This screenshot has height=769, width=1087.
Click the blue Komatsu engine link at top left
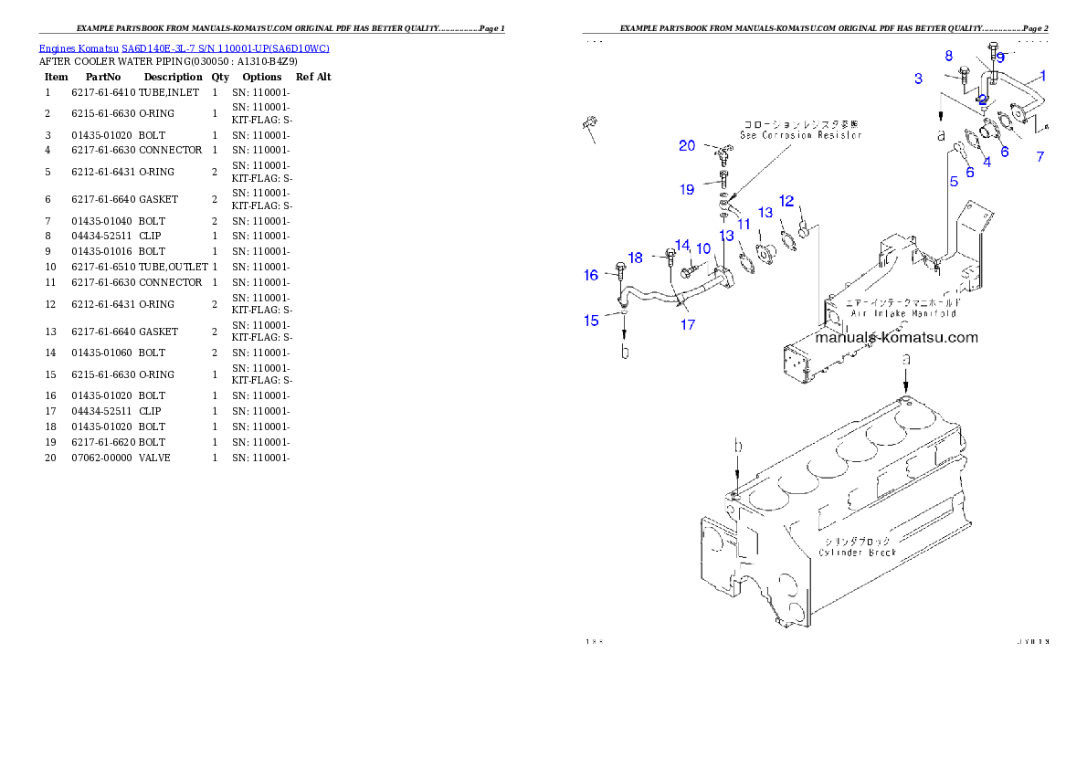point(184,48)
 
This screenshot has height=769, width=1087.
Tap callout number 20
point(686,146)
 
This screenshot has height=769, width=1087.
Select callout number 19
point(686,190)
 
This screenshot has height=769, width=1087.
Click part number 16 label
point(591,275)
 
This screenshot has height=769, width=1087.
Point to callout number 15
point(591,320)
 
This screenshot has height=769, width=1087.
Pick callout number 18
point(635,258)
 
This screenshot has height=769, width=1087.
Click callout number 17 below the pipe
point(687,324)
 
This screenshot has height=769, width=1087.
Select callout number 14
point(681,245)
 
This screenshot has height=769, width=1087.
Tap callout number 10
point(703,248)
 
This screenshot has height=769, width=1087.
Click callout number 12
point(786,200)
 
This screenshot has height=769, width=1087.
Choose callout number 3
point(918,79)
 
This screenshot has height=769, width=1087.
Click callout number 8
point(948,56)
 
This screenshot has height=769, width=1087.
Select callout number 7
point(1040,157)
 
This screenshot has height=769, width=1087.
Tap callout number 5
point(953,182)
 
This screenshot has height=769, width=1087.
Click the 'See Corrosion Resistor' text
point(800,135)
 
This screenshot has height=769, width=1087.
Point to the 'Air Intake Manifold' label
point(903,312)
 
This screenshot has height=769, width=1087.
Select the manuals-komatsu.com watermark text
point(896,337)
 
